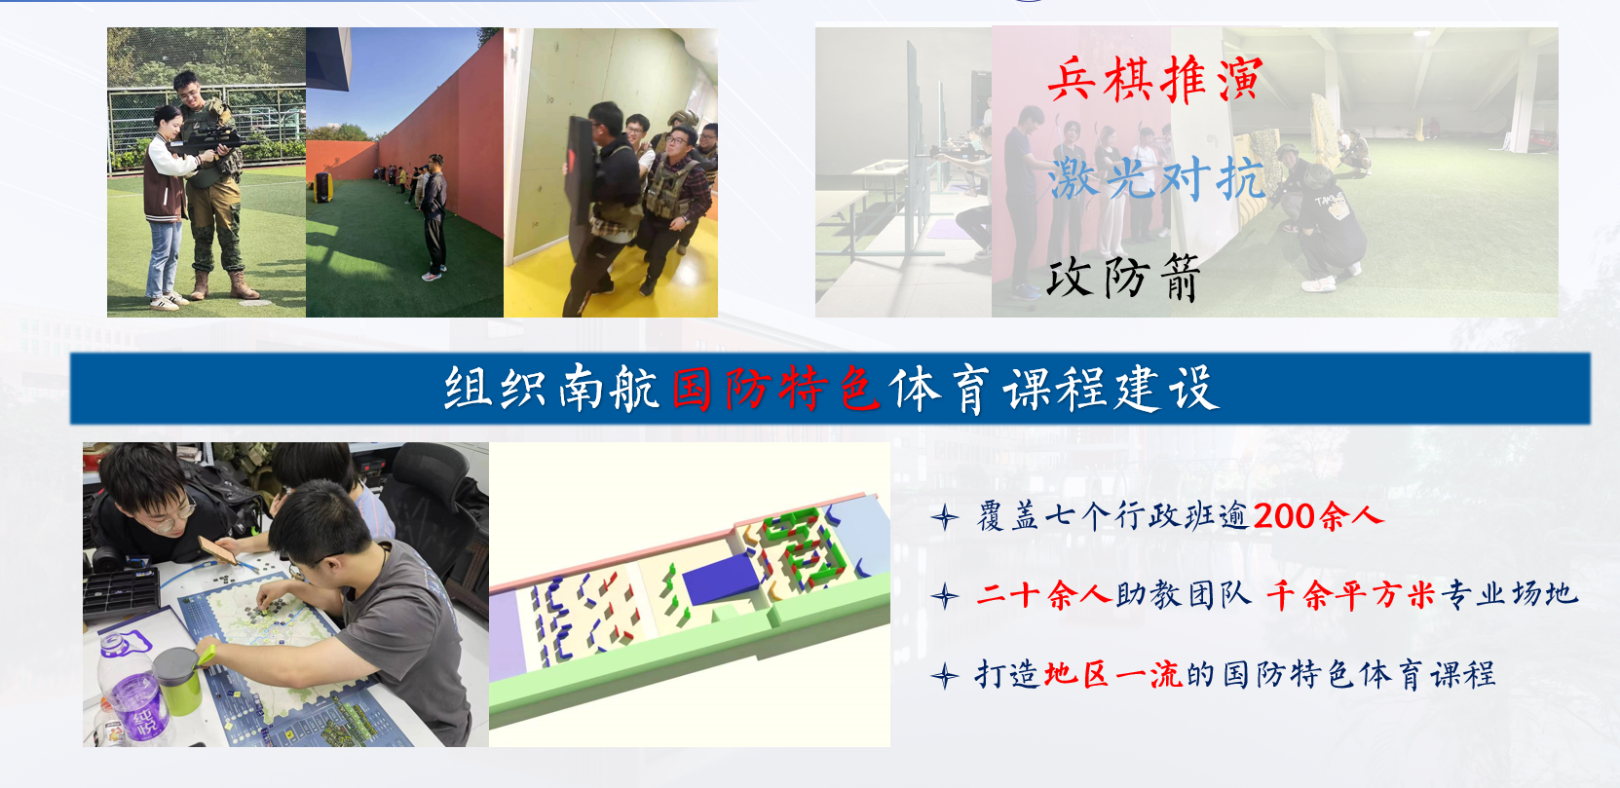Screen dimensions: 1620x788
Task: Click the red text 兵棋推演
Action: tap(1155, 79)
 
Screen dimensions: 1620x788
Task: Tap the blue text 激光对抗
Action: tap(1156, 178)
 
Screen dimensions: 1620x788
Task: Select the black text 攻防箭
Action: tap(1124, 277)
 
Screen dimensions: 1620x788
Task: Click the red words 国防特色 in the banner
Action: tap(775, 389)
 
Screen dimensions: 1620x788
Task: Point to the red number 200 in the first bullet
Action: tap(1284, 516)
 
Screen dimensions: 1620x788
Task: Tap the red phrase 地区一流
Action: tap(1113, 674)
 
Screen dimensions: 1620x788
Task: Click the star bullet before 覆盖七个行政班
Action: tap(945, 517)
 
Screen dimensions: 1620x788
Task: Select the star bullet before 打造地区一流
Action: tap(945, 677)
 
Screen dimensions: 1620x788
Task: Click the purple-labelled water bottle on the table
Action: tap(133, 690)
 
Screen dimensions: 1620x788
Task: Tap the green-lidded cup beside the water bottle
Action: tap(178, 681)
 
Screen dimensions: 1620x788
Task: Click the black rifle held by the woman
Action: tap(209, 141)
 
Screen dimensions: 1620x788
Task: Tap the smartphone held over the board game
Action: tap(217, 550)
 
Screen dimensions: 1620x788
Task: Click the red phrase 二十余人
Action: tap(1042, 596)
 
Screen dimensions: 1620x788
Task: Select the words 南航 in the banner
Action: tap(608, 389)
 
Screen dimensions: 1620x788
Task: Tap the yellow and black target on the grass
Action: tap(322, 187)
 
